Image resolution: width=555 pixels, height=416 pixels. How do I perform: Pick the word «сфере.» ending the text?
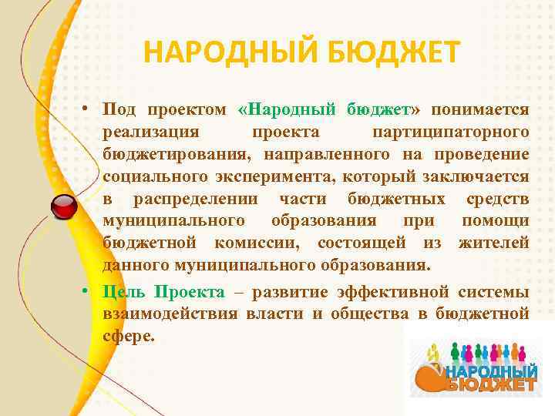pos(129,336)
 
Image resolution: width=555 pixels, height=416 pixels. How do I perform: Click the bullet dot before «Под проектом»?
pos(89,111)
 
